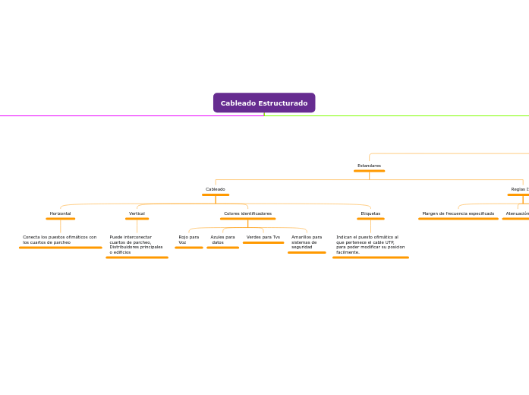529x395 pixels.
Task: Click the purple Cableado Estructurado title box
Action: tap(264, 103)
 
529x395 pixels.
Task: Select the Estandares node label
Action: tap(369, 166)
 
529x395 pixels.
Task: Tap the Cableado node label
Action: tap(216, 189)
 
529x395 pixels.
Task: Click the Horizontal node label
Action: tap(61, 213)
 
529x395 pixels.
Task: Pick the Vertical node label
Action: tap(137, 213)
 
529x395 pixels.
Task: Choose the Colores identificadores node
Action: tap(247, 213)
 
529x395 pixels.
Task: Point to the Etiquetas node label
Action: tap(370, 213)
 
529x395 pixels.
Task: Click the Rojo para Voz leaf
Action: tap(188, 240)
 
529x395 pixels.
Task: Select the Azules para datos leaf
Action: tap(222, 240)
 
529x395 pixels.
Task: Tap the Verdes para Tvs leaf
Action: tap(263, 237)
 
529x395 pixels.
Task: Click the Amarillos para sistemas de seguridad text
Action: tap(307, 242)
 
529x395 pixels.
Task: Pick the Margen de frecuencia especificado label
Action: tap(458, 213)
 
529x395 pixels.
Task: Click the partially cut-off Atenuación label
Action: tap(517, 213)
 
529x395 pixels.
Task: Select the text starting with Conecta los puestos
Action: tap(60, 240)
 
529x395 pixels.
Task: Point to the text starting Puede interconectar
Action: tap(137, 245)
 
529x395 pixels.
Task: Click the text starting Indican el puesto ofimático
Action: tap(370, 245)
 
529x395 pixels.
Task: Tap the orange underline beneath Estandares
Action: tap(369, 171)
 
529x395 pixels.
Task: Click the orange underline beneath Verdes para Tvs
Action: tap(263, 243)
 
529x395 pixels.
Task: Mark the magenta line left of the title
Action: tap(114, 115)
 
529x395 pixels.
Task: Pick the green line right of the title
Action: tap(402, 115)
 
